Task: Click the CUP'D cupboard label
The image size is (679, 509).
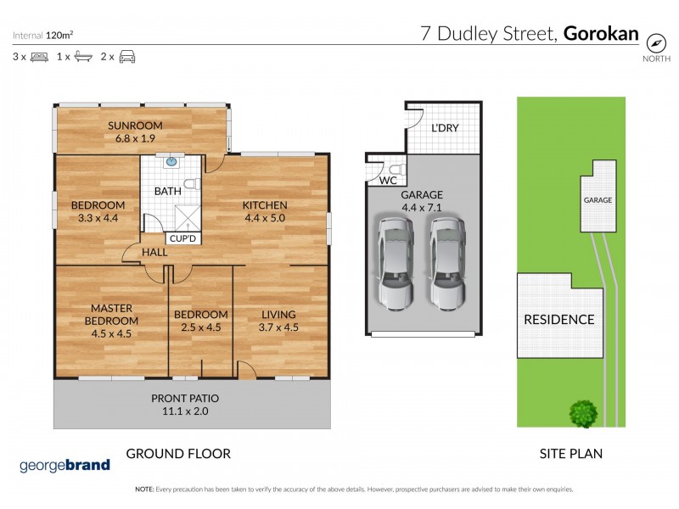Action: click(182, 239)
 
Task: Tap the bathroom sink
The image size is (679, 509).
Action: click(171, 159)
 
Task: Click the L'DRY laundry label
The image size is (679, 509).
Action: click(445, 130)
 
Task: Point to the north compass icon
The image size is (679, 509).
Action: click(654, 42)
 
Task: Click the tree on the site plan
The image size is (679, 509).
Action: click(582, 413)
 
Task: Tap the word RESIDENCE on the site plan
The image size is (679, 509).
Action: click(558, 320)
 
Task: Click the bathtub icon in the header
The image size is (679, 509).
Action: click(82, 57)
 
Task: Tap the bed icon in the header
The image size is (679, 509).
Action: click(38, 57)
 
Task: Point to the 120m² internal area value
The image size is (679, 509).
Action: click(60, 36)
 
